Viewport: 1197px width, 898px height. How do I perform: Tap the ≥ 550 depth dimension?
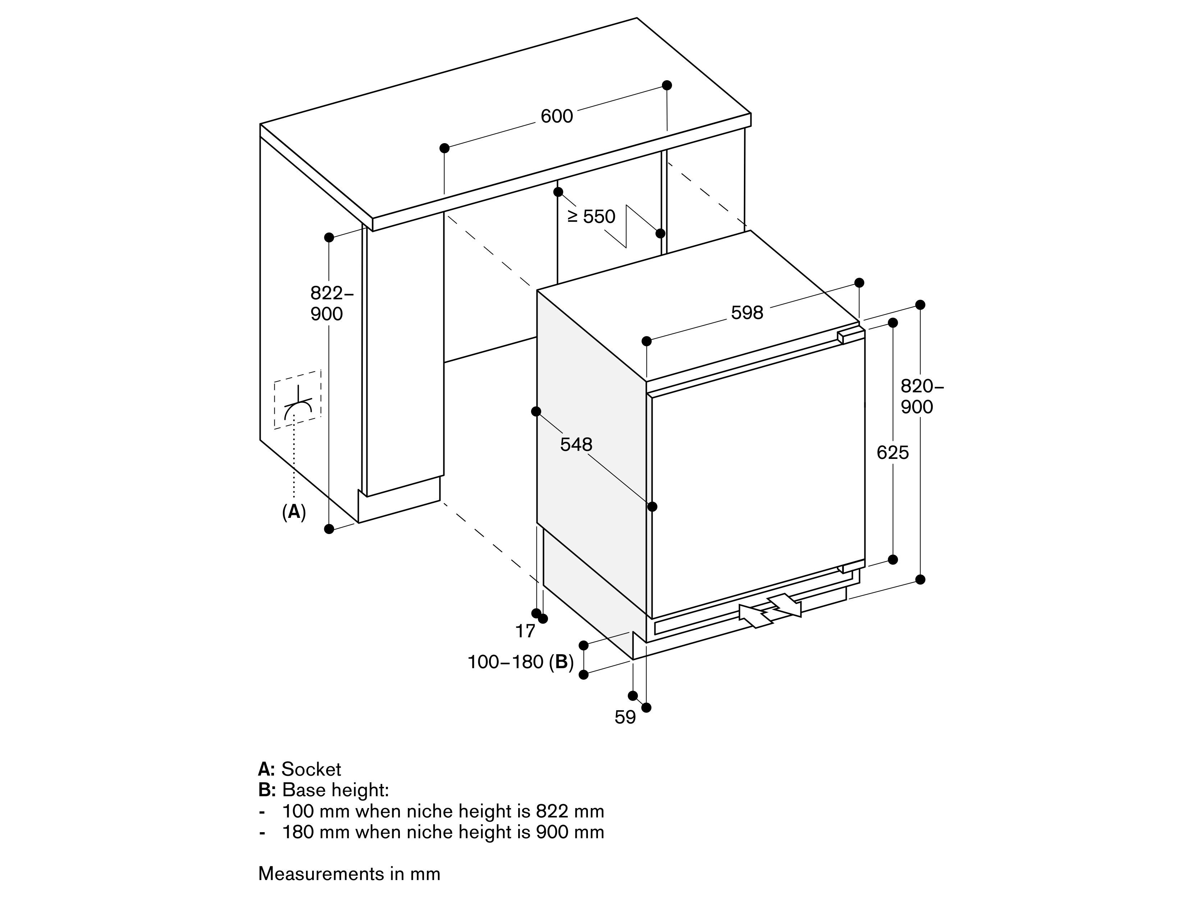click(591, 216)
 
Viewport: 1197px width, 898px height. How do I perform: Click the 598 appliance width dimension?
click(747, 312)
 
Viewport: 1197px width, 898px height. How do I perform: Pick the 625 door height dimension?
click(892, 452)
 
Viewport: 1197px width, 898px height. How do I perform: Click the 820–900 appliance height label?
click(922, 396)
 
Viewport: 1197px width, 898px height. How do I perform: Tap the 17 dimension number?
click(525, 630)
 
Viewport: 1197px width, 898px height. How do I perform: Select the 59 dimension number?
click(625, 717)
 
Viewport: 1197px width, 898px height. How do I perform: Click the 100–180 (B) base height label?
click(520, 661)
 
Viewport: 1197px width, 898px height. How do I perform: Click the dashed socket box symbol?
click(297, 400)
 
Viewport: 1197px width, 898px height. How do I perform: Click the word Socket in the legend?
click(311, 769)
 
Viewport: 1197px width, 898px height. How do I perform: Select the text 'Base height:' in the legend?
click(335, 790)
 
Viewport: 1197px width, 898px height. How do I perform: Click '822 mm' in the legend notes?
click(570, 811)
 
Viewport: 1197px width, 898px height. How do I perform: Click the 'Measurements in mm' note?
click(349, 874)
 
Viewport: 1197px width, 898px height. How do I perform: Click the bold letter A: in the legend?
click(266, 769)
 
